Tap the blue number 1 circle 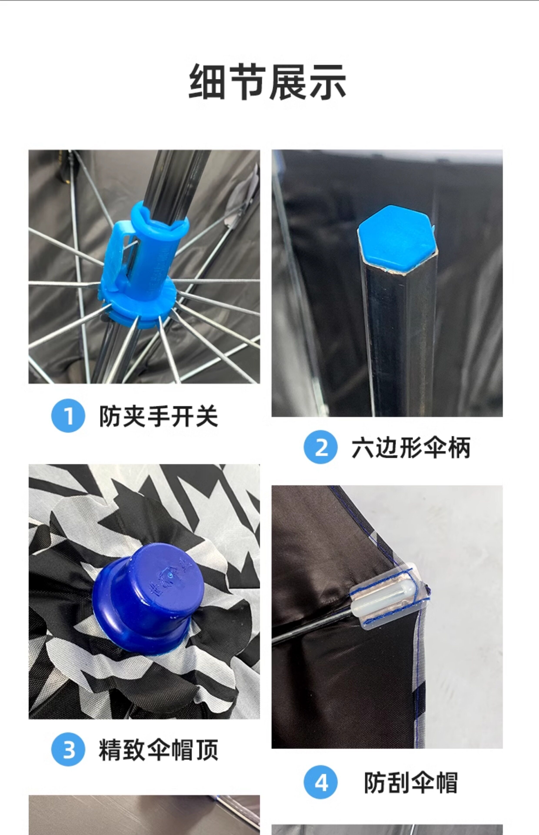[x=68, y=416]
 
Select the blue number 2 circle [x=321, y=447]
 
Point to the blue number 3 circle [x=68, y=749]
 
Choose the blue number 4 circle [x=321, y=782]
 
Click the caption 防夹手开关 [x=159, y=416]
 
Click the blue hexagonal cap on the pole [x=397, y=238]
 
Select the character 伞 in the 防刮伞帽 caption [x=423, y=782]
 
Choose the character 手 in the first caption [x=159, y=416]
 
